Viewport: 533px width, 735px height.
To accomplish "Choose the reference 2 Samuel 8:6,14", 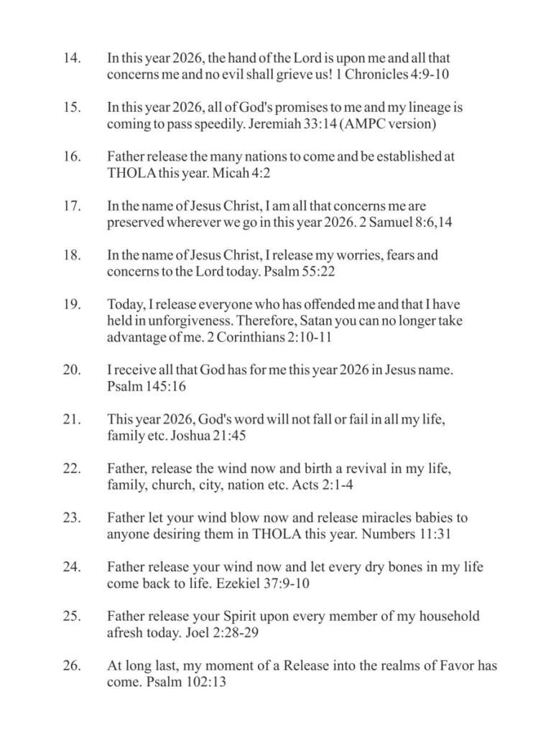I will pyautogui.click(x=399, y=223).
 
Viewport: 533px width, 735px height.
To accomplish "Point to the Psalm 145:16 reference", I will pyautogui.click(x=143, y=386).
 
